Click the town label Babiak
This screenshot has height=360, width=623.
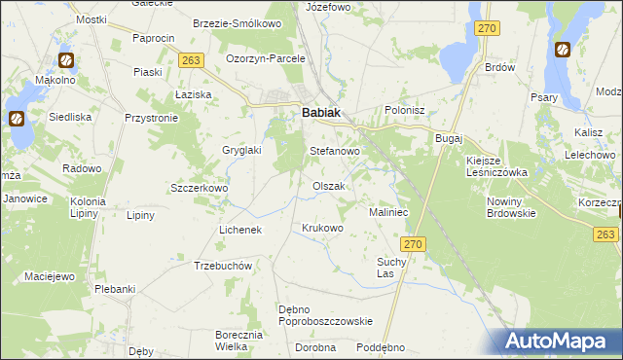(x=320, y=113)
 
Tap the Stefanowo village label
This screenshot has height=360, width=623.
(x=335, y=152)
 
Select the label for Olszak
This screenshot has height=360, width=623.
(x=328, y=186)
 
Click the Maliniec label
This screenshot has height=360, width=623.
(x=387, y=211)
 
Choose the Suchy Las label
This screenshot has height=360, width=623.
(x=390, y=267)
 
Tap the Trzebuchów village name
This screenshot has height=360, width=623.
(x=224, y=266)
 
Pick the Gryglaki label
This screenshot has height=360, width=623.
(x=240, y=151)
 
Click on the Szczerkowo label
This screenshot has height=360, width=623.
(x=199, y=188)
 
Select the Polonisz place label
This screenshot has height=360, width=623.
(x=406, y=111)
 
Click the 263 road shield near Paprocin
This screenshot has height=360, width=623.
(x=191, y=60)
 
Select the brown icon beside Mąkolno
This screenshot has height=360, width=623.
(x=65, y=60)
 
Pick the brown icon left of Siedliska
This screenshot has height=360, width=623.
(x=17, y=119)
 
